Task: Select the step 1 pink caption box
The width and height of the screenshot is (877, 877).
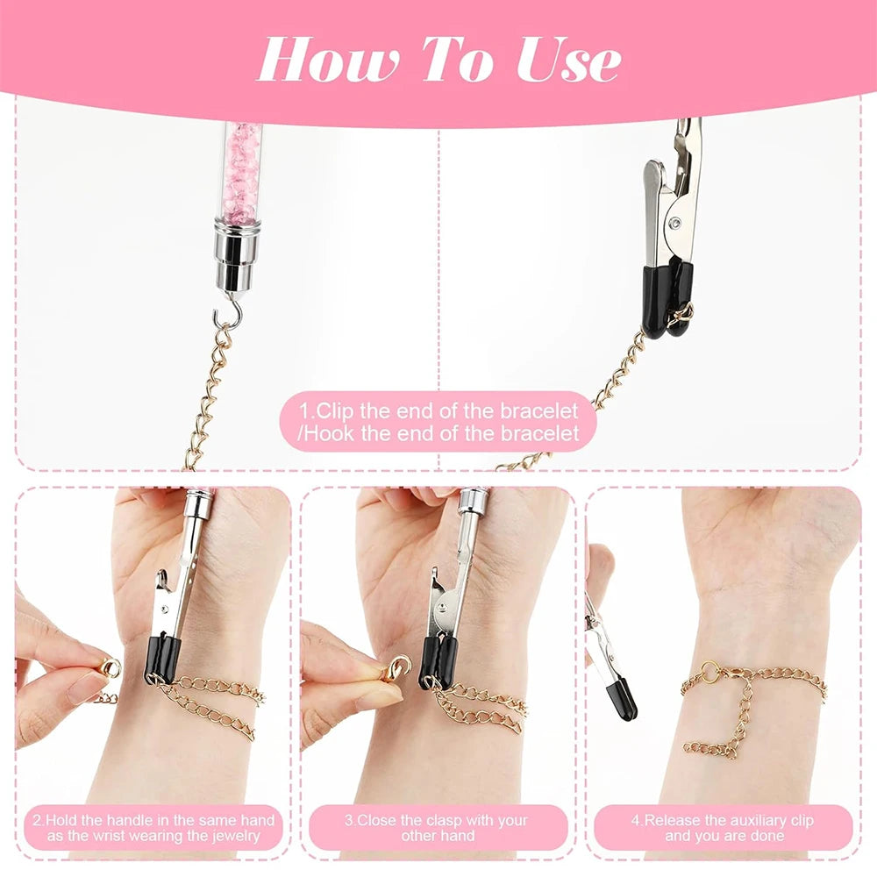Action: [x=438, y=421]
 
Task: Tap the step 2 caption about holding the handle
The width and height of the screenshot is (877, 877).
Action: [x=153, y=828]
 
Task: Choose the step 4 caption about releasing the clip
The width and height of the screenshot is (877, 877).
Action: [x=722, y=828]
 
